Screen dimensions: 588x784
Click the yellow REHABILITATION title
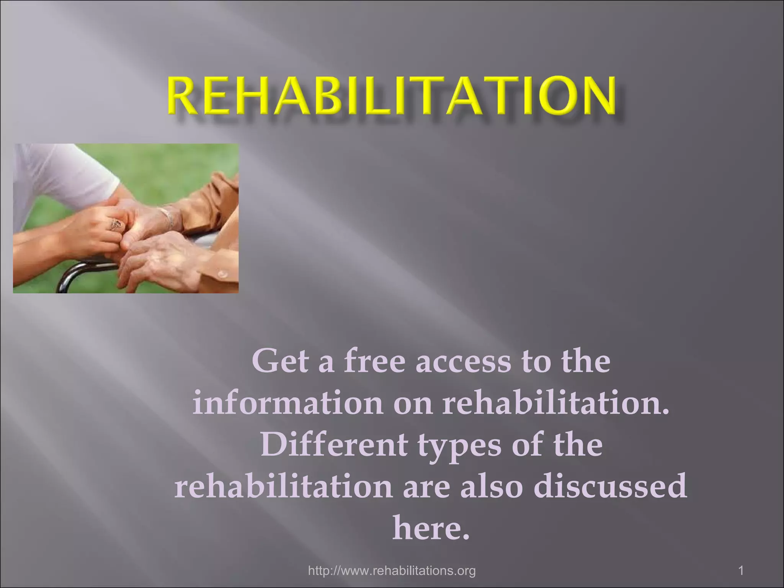coord(391,96)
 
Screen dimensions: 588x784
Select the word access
coord(463,362)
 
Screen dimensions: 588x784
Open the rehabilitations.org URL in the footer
coord(392,571)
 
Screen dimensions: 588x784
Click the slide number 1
coord(741,571)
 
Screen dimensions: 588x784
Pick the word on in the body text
coord(413,404)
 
